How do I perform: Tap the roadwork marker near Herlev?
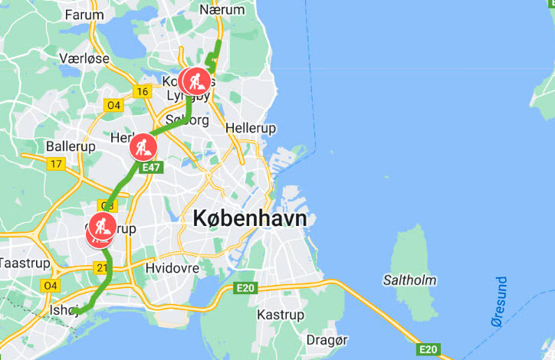tap(143, 146)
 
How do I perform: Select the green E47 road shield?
tap(150, 167)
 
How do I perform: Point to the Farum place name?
tap(84, 15)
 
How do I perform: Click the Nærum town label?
tap(222, 10)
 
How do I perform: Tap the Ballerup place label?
tap(71, 146)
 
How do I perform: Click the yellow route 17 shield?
tap(55, 164)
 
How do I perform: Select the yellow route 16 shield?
tap(141, 92)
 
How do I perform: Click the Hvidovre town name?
tap(172, 268)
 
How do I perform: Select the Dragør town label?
tap(327, 339)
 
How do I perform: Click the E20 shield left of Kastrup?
tap(245, 287)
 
